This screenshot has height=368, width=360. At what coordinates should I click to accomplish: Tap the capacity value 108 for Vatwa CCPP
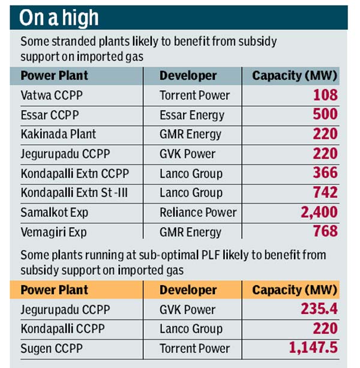[325, 95]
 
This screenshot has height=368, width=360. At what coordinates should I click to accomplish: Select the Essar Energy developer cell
[191, 115]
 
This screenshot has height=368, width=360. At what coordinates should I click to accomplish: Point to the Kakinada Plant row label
[58, 134]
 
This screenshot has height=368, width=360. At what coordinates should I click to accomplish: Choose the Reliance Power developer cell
[198, 213]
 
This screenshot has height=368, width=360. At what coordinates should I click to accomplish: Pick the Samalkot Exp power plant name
[55, 213]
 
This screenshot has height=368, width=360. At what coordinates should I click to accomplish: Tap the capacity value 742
[325, 193]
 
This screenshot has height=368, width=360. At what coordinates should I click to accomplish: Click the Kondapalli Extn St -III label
[74, 193]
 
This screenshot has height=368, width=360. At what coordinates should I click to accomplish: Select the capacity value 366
[325, 173]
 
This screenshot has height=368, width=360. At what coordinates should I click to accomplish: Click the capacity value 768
[325, 232]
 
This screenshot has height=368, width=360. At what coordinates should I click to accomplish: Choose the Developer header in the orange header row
[188, 290]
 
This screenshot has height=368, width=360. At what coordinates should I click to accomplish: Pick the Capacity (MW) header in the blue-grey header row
[295, 76]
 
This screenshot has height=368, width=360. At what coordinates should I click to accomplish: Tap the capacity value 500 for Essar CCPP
[325, 115]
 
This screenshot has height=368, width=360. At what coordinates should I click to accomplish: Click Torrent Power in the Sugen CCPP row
[194, 349]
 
